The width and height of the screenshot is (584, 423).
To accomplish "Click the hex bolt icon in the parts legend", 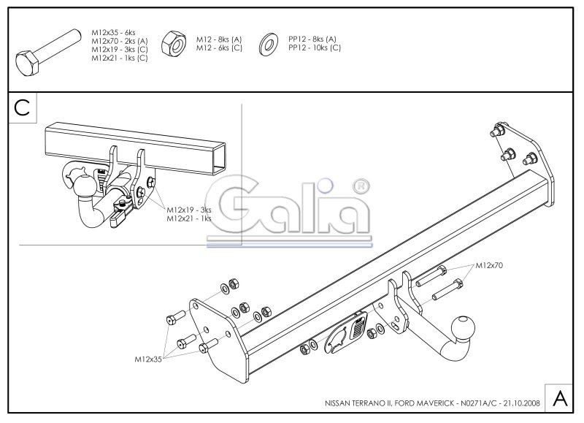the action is (x=47, y=52).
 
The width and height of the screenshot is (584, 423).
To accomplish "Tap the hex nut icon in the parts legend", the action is (x=174, y=43).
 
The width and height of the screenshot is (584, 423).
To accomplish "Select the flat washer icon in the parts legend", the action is (x=268, y=44).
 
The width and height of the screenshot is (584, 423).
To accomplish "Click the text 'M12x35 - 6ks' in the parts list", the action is (x=114, y=32).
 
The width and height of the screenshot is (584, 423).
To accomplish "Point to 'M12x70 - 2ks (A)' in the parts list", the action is (x=120, y=41).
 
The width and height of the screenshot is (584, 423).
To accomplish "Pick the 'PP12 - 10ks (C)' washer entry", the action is (x=315, y=47).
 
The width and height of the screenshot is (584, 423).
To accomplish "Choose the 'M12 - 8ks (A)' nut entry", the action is (x=219, y=39).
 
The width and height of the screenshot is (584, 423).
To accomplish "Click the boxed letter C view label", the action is (x=23, y=107).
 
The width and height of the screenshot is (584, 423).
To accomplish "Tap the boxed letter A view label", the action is (x=560, y=398).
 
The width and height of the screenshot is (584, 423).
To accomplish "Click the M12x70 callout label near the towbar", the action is (x=489, y=265).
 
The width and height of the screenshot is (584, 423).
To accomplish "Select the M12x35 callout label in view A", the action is (x=148, y=359).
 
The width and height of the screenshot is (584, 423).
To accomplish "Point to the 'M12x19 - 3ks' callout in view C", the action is (x=189, y=210).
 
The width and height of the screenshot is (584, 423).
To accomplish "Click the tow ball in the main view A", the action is (x=463, y=328).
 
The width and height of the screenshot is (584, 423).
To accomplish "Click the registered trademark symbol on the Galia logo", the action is (x=361, y=187).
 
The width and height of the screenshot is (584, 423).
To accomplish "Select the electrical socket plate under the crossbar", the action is (x=345, y=332).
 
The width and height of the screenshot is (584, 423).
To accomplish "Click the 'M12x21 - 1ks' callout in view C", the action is (x=189, y=218).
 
